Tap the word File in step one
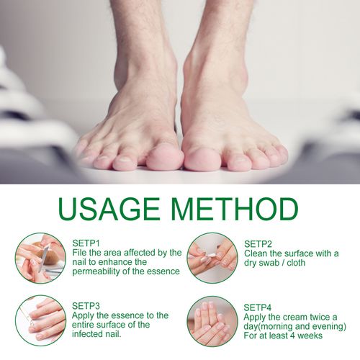coord(80,253)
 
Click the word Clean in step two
coord(257,253)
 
